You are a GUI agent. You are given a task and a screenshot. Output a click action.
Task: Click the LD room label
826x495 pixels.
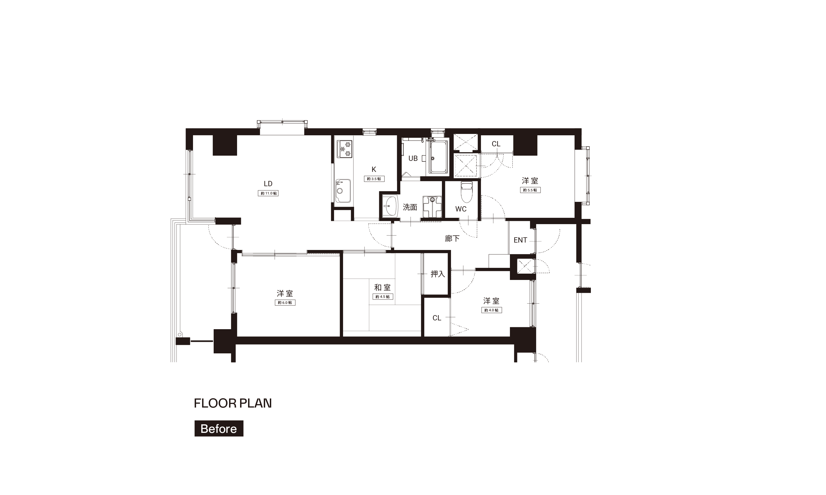[x=268, y=183]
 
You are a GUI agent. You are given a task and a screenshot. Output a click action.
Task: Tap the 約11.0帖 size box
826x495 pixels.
[x=268, y=193]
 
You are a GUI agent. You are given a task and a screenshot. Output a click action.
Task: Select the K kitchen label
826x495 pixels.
[x=374, y=169]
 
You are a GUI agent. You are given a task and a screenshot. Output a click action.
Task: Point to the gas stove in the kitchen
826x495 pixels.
[x=344, y=149]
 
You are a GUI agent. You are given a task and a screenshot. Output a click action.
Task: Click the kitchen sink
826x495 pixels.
[x=343, y=191]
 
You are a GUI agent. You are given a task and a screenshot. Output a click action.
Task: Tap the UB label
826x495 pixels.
[x=413, y=158]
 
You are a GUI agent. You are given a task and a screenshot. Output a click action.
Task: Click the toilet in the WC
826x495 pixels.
[x=467, y=192]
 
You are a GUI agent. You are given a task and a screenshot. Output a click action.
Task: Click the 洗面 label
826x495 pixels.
[x=410, y=207]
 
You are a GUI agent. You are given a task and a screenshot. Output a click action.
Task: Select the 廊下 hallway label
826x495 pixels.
[x=452, y=238]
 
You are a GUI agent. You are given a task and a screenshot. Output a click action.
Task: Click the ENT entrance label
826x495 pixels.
[x=520, y=240]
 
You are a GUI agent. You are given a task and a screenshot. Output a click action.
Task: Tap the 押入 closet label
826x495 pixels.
[x=438, y=274]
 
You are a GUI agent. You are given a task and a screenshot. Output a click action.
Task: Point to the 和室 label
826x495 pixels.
[x=382, y=287]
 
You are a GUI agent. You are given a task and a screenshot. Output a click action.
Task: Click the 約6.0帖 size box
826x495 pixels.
[x=285, y=302]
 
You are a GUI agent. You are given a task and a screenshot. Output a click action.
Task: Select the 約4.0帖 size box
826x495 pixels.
[x=491, y=310]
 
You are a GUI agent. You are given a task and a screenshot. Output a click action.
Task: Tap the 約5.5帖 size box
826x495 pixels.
[x=530, y=190]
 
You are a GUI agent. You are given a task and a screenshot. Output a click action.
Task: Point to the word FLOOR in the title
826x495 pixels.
[x=215, y=403]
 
